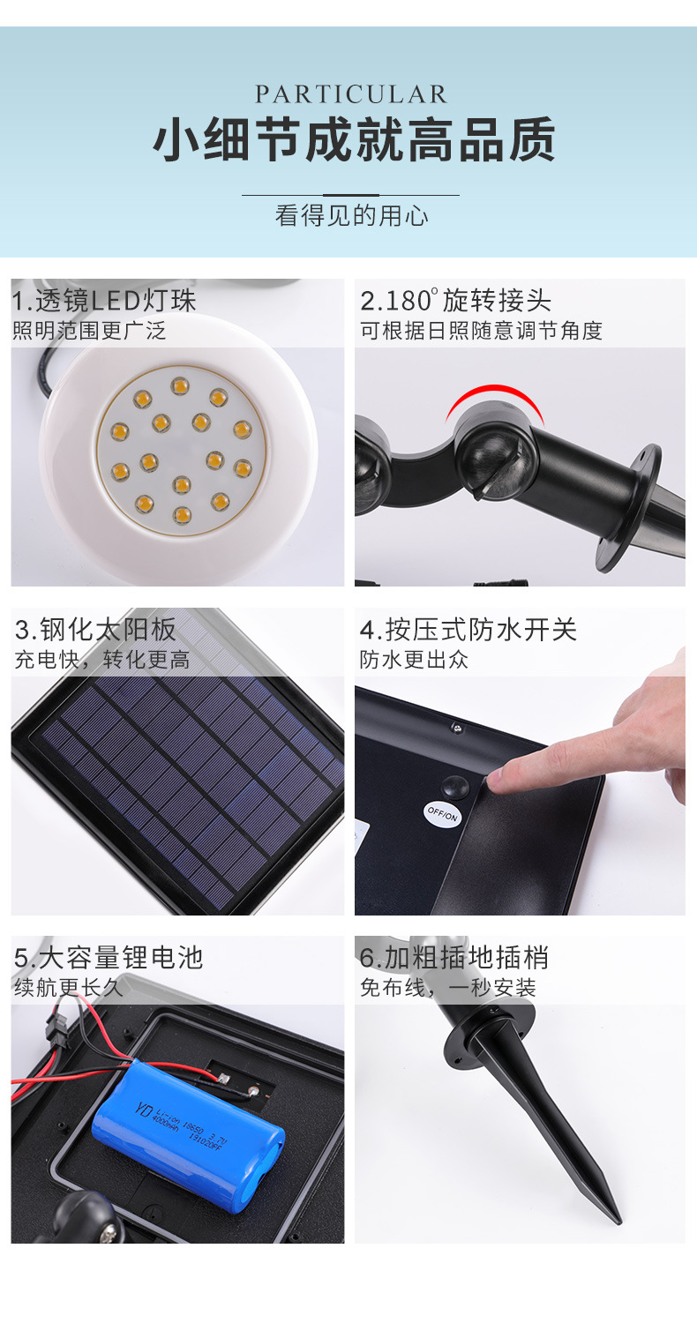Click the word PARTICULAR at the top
351,94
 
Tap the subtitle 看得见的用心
351,215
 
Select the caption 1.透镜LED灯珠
104,301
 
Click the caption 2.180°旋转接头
455,301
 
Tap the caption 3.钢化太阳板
96,630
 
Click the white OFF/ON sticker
442,813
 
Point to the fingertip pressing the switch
497,776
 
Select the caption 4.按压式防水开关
468,630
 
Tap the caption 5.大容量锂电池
109,958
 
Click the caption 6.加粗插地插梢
453,958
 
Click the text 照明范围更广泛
89,332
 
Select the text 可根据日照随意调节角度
481,332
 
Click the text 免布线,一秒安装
447,988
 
